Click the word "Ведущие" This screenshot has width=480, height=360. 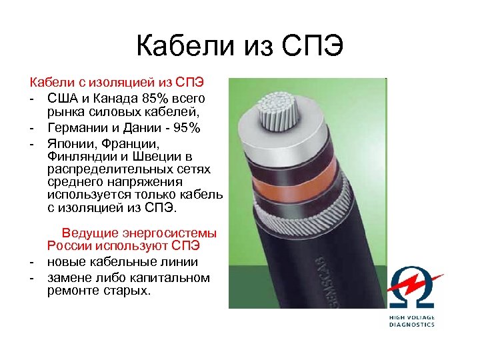[90, 233]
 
